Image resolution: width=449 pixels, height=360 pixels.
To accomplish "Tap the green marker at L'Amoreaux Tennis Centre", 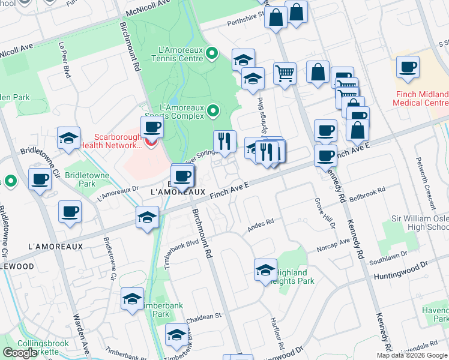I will pos(211,55).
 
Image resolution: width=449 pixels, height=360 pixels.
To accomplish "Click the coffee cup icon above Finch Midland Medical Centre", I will pos(408,68).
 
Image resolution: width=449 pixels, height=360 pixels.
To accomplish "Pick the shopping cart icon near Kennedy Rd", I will pos(285,73).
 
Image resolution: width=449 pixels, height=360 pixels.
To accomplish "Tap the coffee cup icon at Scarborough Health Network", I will pos(152,126).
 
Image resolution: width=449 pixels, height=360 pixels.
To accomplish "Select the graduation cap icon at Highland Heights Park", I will pos(265,270).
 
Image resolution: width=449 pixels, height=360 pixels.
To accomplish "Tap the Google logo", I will pos(20,353).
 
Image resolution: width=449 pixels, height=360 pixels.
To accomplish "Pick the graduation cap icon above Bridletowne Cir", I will pos(69,137).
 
